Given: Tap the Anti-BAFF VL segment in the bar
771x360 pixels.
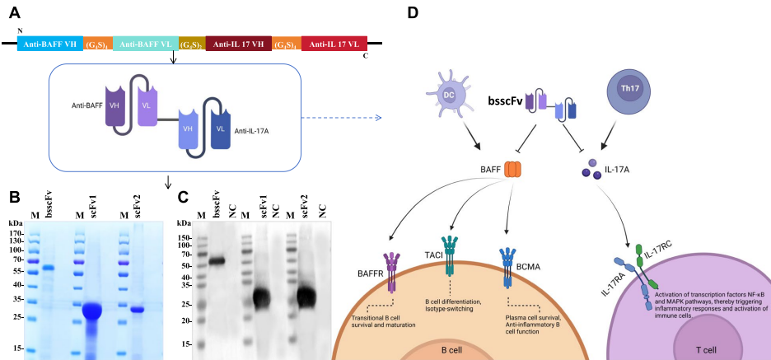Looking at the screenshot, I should pos(145,44).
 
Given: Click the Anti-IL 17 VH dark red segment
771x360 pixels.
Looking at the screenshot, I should pos(238,44).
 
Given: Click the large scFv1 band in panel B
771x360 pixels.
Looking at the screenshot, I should pos(91,311).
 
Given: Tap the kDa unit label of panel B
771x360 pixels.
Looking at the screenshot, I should pos(16,223).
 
